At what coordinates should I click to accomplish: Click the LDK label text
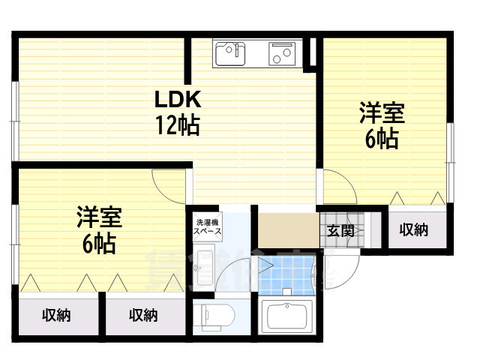coord(178,100)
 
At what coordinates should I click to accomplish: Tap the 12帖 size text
coord(178,125)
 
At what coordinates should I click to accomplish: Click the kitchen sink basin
coord(230,54)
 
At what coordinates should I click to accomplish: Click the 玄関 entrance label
coord(340,230)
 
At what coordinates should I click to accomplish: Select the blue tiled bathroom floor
coord(285,274)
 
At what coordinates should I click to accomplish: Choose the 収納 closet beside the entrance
coord(413,230)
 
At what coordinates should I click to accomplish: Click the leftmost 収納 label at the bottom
coord(56,316)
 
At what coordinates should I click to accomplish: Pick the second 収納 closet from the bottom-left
coord(143,316)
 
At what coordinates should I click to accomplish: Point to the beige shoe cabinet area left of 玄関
coord(287,229)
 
